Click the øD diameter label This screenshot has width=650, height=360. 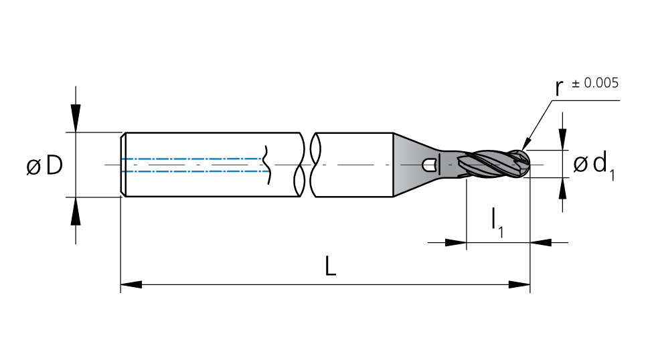(44, 165)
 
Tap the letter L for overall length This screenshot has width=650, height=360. (330, 266)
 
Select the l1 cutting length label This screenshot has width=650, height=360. (497, 222)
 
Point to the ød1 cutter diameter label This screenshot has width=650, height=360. (594, 165)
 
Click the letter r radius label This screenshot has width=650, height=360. (559, 88)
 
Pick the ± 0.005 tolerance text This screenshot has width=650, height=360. (595, 83)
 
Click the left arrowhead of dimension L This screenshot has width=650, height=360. (131, 284)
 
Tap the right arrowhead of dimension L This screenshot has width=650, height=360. (519, 284)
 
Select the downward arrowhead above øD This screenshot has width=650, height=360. (76, 118)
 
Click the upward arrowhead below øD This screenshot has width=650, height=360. (76, 211)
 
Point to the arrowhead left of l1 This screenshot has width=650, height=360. (456, 242)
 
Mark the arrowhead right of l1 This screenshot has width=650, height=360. (541, 242)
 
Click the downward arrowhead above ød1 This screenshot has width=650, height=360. (562, 140)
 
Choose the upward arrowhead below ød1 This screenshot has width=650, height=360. (562, 189)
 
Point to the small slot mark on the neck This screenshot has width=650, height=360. (430, 165)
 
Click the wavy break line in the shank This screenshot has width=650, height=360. (267, 165)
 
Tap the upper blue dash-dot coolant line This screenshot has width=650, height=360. (192, 159)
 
